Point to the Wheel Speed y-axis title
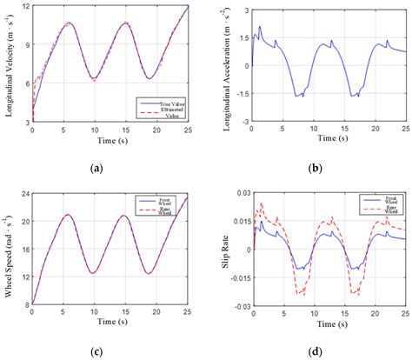(10, 250)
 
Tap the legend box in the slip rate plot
(380, 207)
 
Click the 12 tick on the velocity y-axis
(25, 6)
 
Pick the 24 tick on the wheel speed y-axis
(25, 192)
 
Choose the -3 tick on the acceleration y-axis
(244, 121)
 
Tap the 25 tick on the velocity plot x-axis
(187, 130)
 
